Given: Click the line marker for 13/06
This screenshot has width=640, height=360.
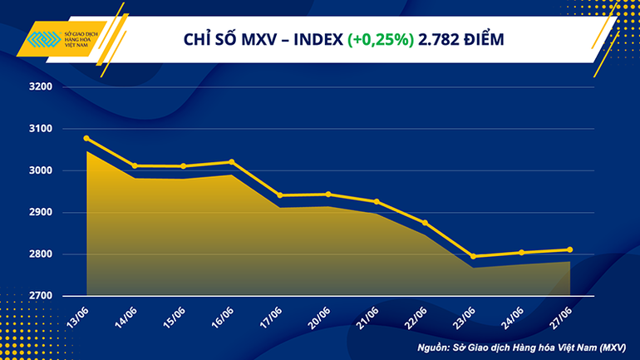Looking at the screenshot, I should [x=87, y=138].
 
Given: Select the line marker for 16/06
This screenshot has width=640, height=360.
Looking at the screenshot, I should [x=232, y=162].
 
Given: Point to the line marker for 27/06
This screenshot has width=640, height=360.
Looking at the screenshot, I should [x=569, y=249].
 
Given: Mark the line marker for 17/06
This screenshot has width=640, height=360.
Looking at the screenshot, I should [x=280, y=195].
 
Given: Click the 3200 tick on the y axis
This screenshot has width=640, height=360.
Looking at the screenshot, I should [x=40, y=86].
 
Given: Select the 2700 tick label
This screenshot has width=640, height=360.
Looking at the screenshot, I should [x=40, y=296].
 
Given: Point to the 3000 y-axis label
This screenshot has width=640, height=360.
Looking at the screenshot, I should [x=40, y=170].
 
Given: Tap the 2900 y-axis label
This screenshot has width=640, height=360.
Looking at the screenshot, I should [x=40, y=213].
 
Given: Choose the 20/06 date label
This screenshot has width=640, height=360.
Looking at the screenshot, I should [x=320, y=317].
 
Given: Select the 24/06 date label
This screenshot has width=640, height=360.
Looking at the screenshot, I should [x=513, y=317].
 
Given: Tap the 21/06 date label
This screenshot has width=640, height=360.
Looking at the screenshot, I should [x=368, y=317].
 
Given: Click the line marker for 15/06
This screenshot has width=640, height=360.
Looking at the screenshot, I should [x=184, y=166].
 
